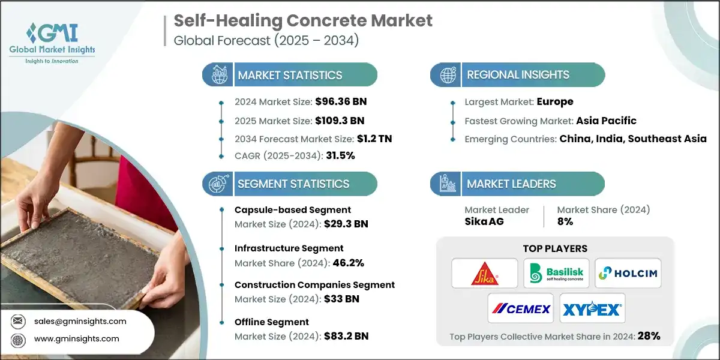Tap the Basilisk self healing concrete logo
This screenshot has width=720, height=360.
pos(556,274)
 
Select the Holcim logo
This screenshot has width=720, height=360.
pos(628,274)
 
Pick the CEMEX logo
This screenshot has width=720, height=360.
pos(521,308)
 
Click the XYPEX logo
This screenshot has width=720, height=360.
pos(592,308)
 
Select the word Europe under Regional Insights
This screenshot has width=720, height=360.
pos(555,102)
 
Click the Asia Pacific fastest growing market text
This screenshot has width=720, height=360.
pos(606,120)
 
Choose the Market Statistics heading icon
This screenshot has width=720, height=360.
pos(217,75)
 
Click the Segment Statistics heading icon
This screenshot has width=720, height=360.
pos(217,184)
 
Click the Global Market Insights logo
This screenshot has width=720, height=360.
pos(52,42)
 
